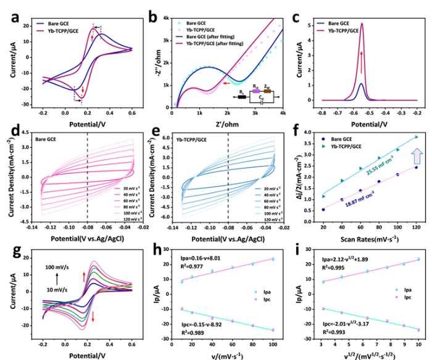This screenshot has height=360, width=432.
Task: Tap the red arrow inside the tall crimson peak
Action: click(x=362, y=62)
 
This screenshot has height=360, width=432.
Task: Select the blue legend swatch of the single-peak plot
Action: click(x=321, y=23)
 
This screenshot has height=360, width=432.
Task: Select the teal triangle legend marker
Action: click(x=323, y=147)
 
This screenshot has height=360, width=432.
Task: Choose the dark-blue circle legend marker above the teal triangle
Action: click(x=323, y=139)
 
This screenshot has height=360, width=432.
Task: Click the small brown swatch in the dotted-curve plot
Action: click(x=267, y=91)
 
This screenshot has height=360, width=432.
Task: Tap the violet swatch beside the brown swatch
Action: click(x=256, y=91)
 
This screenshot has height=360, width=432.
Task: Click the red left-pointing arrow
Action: click(x=226, y=82)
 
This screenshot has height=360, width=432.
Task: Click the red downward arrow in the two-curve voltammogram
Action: click(x=84, y=91)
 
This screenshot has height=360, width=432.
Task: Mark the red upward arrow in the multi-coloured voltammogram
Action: click(x=85, y=274)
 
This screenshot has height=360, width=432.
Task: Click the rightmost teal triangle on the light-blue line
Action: click(x=415, y=137)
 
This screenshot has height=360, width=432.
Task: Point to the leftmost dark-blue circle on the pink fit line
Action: click(x=323, y=210)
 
